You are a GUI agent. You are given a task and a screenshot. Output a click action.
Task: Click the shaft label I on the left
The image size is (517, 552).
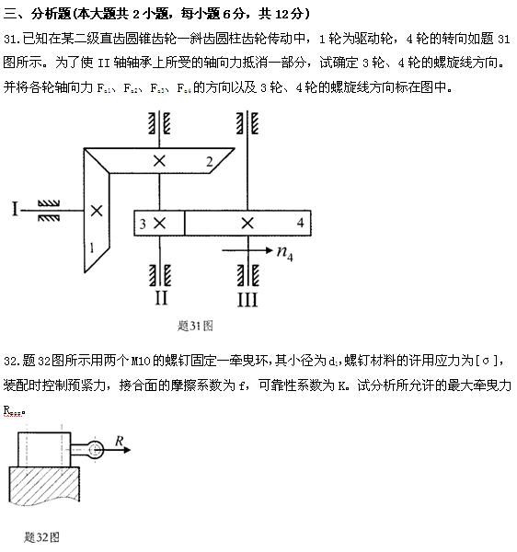click(x=16, y=210)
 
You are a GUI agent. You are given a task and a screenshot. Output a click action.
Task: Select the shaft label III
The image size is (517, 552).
click(x=247, y=299)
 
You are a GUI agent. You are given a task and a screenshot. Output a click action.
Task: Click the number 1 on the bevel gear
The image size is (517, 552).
click(x=92, y=247)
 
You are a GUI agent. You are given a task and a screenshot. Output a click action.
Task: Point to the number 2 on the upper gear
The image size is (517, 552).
click(x=210, y=162)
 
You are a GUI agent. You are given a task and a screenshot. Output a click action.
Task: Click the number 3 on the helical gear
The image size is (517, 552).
click(x=143, y=223)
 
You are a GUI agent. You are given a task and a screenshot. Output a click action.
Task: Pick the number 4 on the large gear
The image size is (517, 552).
click(x=300, y=223)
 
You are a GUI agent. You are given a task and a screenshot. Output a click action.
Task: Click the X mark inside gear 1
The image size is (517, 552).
click(x=96, y=210)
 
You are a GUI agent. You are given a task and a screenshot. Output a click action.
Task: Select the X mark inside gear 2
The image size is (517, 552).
click(x=161, y=161)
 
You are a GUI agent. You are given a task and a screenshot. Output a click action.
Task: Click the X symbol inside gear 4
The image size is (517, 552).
click(x=247, y=223)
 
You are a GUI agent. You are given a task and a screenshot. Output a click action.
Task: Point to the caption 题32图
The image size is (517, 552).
click(x=42, y=535)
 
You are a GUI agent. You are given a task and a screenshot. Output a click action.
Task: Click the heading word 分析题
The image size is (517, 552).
click(x=49, y=14)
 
